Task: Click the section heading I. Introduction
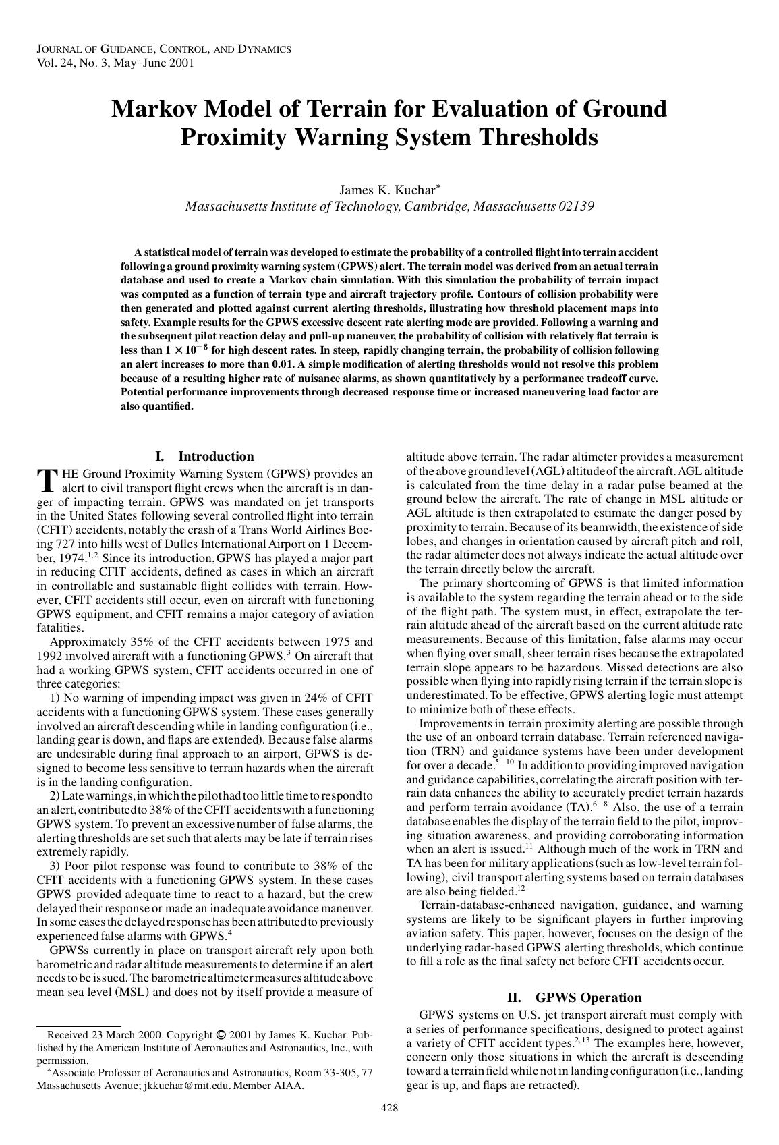(204, 456)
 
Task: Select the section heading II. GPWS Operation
(574, 997)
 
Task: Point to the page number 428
(389, 1107)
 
